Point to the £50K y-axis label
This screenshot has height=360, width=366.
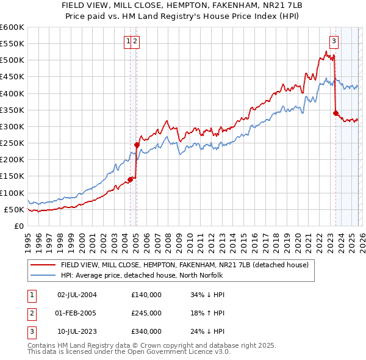click(13, 209)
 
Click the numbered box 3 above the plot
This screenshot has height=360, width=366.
click(334, 41)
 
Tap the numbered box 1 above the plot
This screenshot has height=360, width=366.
click(128, 41)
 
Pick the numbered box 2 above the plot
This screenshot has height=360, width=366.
click(135, 41)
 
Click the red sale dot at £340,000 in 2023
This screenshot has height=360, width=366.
click(335, 113)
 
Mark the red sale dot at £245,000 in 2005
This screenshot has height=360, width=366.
click(137, 145)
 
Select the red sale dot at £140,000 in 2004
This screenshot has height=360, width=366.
click(131, 179)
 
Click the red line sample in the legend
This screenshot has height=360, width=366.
click(43, 265)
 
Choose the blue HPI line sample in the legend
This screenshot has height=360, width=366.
click(43, 275)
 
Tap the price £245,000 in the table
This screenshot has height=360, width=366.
click(146, 313)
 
